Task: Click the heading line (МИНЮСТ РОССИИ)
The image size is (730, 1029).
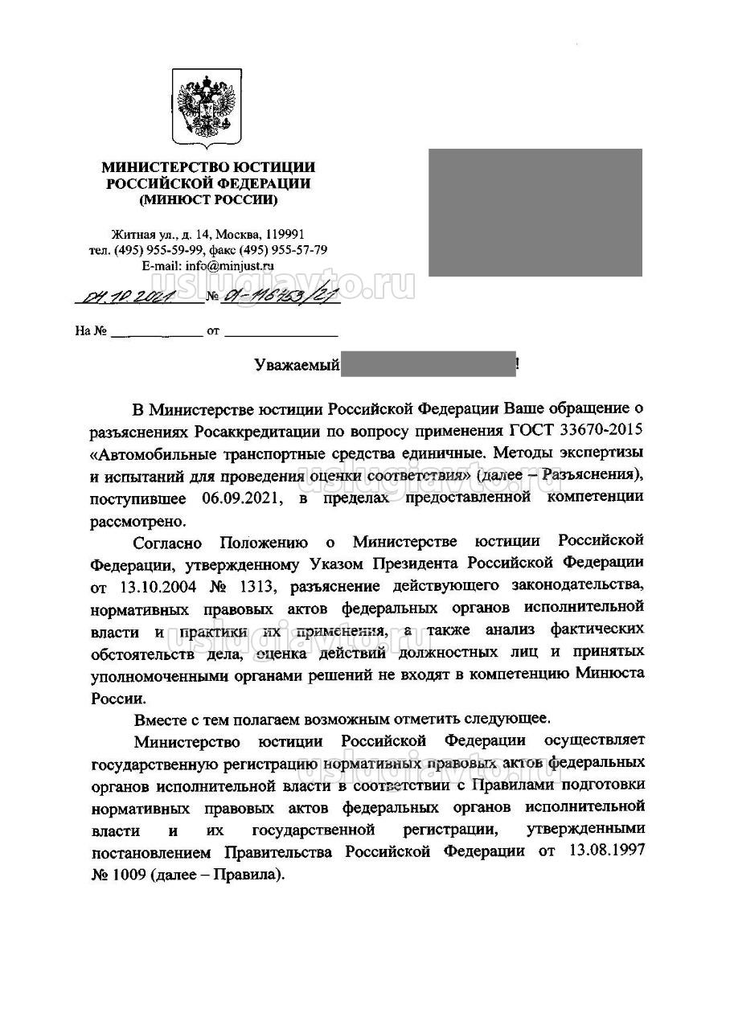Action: point(208,199)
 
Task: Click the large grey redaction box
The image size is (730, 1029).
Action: point(535,212)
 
